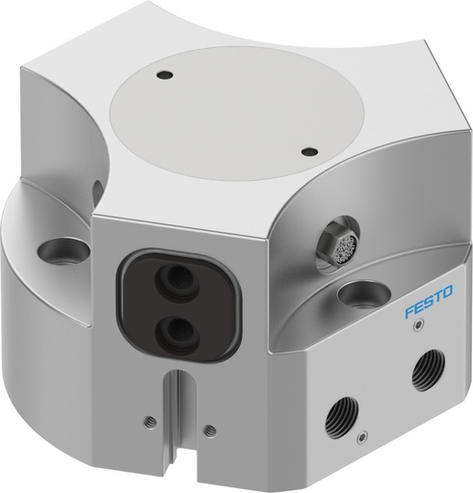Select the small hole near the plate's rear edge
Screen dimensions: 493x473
click(165, 74)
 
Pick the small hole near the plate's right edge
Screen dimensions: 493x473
click(308, 150)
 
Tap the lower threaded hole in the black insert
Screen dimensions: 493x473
click(176, 331)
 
